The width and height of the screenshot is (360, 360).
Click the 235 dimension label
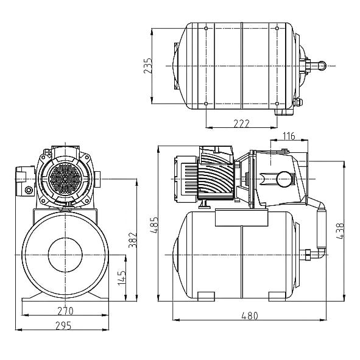(147, 66)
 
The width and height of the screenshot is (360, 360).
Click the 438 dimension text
(340, 230)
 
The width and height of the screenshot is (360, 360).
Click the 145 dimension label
(121, 279)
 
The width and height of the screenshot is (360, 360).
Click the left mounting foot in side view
(205, 296)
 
